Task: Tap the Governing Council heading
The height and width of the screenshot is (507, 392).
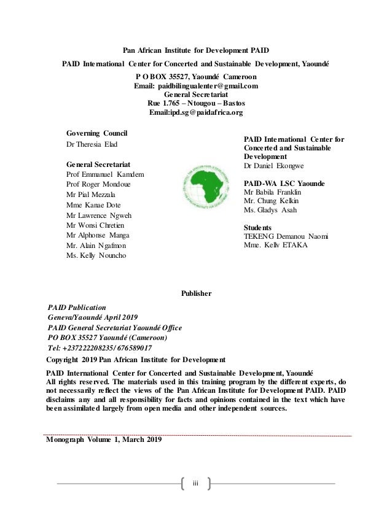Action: click(101, 132)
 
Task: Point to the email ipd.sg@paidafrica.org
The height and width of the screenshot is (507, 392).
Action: click(196, 114)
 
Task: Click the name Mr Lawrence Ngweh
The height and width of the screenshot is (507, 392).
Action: click(98, 215)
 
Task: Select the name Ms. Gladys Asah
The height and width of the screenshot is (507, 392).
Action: click(270, 210)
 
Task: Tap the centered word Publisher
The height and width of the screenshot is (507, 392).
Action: click(196, 293)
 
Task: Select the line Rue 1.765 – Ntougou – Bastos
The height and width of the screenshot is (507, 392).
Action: click(195, 104)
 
